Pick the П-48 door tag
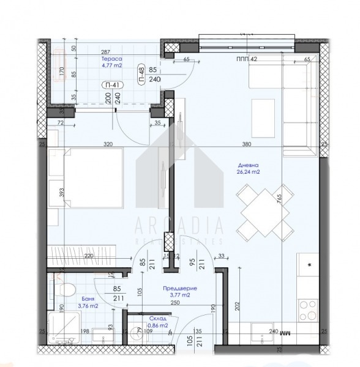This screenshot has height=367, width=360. click(141, 74)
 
